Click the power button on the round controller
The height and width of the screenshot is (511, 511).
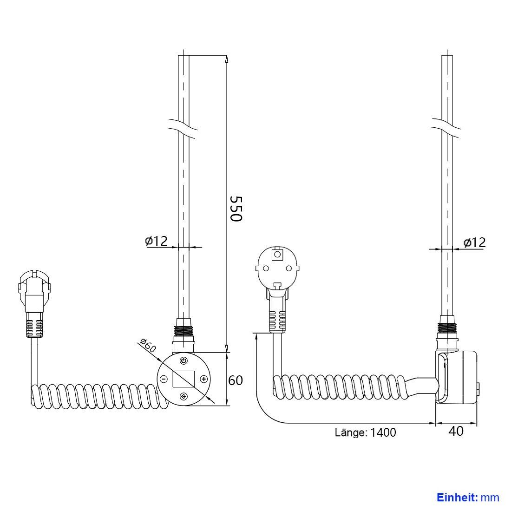[x=184, y=361]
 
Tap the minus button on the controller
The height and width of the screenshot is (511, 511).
[x=164, y=379]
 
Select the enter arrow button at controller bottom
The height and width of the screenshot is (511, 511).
[x=184, y=396]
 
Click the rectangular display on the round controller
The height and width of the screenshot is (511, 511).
[x=183, y=379]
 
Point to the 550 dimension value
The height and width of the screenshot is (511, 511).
[x=236, y=209]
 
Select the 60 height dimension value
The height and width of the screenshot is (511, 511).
[x=236, y=380]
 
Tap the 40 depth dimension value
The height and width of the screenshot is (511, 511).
[x=456, y=431]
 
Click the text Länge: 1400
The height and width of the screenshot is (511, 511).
[x=365, y=432]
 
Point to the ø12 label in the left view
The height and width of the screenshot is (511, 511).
[x=156, y=241]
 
